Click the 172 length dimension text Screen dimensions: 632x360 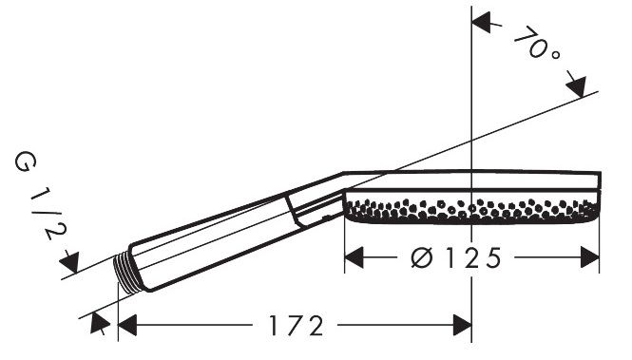tap(297, 326)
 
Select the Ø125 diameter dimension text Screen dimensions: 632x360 tap(457, 257)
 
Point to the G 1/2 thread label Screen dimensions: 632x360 tap(39, 197)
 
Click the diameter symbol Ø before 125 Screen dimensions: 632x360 tap(422, 257)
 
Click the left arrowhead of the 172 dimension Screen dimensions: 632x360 tap(127, 326)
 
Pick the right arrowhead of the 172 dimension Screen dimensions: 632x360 tap(462, 326)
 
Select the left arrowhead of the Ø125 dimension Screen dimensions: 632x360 tap(354, 257)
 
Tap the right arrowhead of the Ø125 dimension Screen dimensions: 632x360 tap(589, 257)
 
